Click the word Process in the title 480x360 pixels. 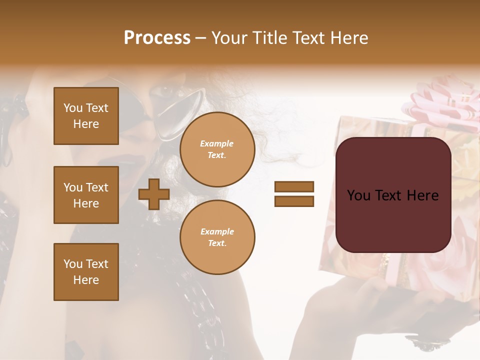[x=157, y=38]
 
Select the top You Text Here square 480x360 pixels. [x=86, y=116]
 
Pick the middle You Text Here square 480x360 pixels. [x=86, y=195]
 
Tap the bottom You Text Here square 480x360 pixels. [x=86, y=272]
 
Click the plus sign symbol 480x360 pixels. [x=154, y=194]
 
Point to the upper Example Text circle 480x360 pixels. [x=217, y=149]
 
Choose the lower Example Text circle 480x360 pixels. [x=217, y=237]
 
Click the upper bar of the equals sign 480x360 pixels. [x=294, y=187]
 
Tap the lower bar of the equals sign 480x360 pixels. [x=294, y=201]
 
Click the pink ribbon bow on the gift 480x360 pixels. [x=440, y=102]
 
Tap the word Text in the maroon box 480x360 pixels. [x=393, y=195]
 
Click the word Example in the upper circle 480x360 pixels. [x=217, y=144]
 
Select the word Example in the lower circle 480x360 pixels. [x=217, y=232]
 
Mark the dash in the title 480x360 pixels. [x=201, y=38]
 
